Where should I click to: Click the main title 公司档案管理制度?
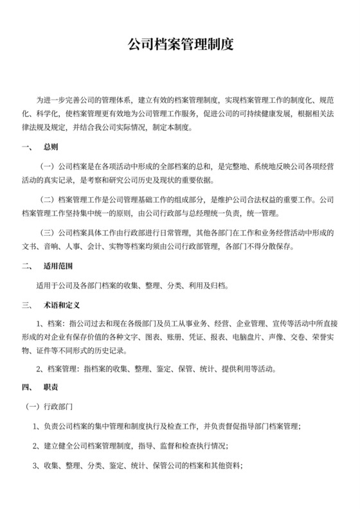coord(180,45)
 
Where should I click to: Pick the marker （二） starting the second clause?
coord(48,199)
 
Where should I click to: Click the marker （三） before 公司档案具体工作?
coord(48,232)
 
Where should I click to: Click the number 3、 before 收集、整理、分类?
coord(37,465)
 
